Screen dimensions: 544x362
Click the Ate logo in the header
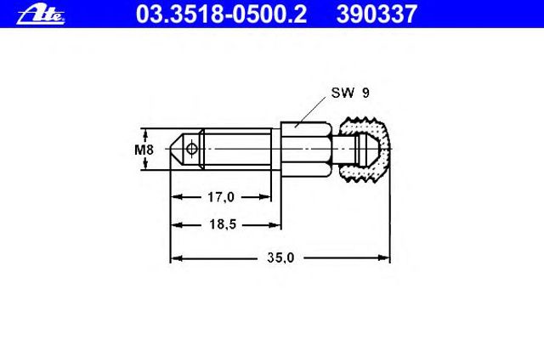click(41, 15)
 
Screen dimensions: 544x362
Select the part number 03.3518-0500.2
click(221, 14)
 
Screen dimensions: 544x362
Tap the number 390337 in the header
click(377, 14)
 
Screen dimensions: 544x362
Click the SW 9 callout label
click(350, 93)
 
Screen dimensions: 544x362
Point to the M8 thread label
click(144, 150)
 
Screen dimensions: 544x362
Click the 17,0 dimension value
click(221, 197)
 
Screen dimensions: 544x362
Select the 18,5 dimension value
click(223, 224)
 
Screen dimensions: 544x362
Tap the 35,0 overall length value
click(280, 257)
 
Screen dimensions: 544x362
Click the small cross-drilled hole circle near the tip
click(191, 149)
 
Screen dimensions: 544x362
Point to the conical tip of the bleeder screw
click(177, 149)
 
